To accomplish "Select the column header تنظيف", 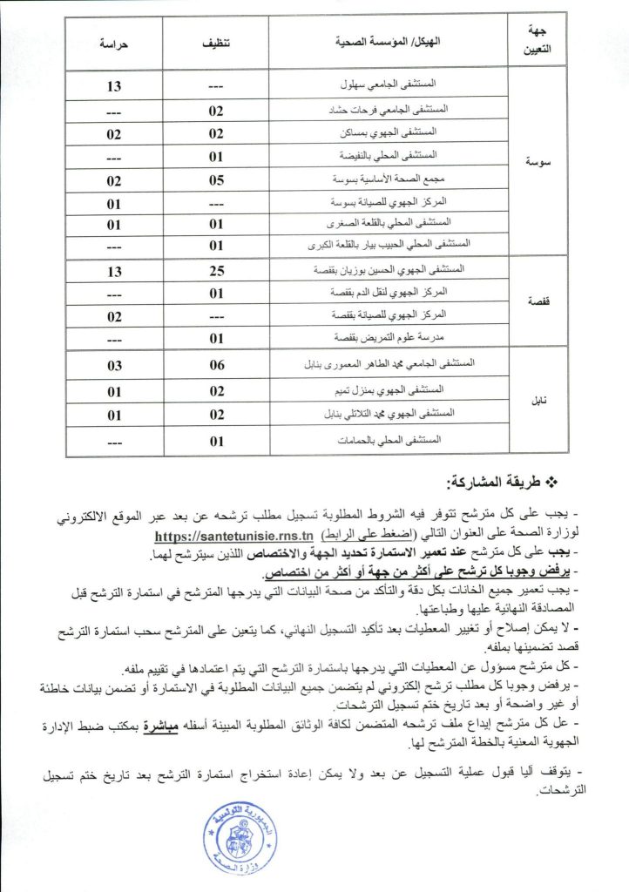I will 216,40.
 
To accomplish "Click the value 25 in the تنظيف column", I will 216,272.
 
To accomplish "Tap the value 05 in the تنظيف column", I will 216,180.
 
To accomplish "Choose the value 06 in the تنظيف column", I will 216,366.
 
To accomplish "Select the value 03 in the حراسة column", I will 114,366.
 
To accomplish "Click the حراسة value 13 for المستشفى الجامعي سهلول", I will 114,86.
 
